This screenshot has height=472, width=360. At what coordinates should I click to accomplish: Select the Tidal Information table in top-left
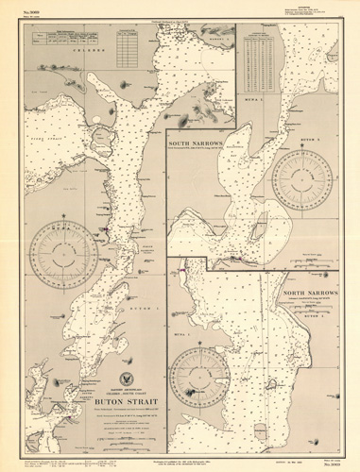59,37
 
